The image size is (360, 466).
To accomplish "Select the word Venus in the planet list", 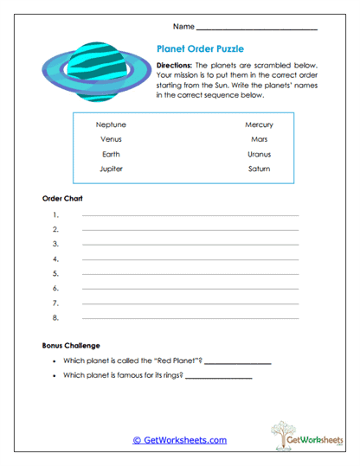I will [111, 138].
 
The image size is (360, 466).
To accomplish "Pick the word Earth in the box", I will [111, 154].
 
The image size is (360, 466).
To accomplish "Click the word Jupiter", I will [111, 169].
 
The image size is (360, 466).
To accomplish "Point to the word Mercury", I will [259, 124].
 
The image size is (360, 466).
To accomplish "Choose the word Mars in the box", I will [259, 138].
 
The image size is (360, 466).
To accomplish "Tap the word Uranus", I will [259, 154].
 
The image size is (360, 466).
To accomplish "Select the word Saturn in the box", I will [259, 169].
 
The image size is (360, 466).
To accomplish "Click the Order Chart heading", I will [62, 198].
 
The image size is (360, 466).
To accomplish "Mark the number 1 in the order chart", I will [55, 214].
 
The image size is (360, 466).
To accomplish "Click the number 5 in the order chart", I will [55, 273].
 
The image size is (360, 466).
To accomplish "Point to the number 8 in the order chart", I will [55, 318].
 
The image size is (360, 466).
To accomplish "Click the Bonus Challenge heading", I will [71, 345].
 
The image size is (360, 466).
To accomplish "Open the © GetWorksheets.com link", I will [180, 440].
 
